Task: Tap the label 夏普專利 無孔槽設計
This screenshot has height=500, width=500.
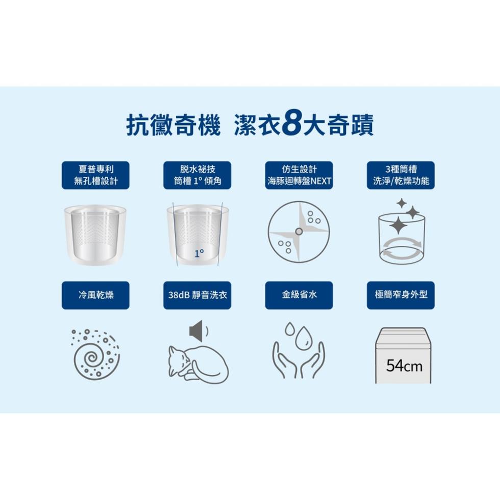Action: pos(96,175)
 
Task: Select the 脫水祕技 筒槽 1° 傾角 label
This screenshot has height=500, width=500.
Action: pos(197,175)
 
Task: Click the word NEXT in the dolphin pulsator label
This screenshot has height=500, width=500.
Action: pos(321,181)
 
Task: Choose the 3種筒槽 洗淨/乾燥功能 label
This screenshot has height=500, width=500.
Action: pos(401,175)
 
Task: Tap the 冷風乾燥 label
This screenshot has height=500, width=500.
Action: pos(96,295)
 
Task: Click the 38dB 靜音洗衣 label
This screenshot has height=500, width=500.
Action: pos(197,295)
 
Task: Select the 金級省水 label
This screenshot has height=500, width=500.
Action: pos(299,295)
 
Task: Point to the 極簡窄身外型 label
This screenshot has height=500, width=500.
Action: pos(401,295)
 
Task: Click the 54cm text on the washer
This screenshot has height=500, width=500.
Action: pos(404,365)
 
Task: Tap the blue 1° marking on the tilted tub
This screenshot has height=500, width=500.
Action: pos(199,254)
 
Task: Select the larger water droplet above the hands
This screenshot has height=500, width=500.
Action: pos(302,337)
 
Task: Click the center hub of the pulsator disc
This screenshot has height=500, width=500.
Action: pos(299,232)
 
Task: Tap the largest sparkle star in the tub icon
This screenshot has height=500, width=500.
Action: pos(398,226)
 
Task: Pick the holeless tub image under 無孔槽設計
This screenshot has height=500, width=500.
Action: pos(96,235)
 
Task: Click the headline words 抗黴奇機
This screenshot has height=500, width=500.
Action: pos(174,124)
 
